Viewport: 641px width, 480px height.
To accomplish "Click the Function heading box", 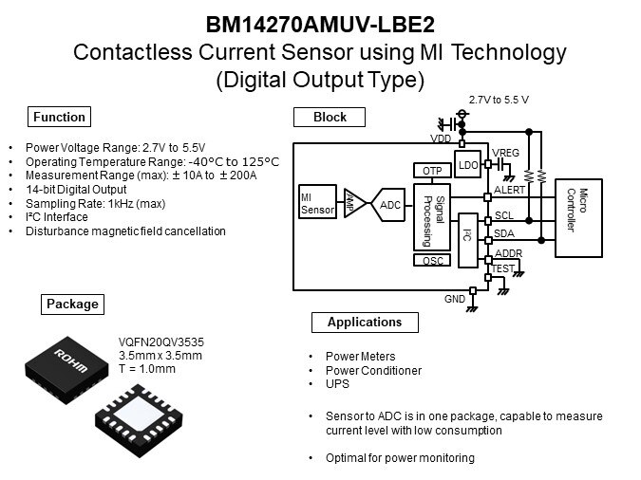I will (x=59, y=118).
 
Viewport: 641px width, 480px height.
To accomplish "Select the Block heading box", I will (x=330, y=118).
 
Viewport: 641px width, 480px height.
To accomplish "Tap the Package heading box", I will (x=72, y=305).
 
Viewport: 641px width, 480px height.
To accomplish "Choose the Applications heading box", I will (x=365, y=323).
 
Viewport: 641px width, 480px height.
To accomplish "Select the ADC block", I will (x=390, y=205).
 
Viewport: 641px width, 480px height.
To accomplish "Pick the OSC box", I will (x=431, y=261).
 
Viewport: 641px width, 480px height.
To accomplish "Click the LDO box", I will (x=467, y=164).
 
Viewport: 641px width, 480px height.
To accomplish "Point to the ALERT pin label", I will (x=509, y=190).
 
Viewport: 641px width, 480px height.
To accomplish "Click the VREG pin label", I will (x=506, y=153).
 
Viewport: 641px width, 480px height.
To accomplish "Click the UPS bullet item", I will (x=335, y=383).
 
